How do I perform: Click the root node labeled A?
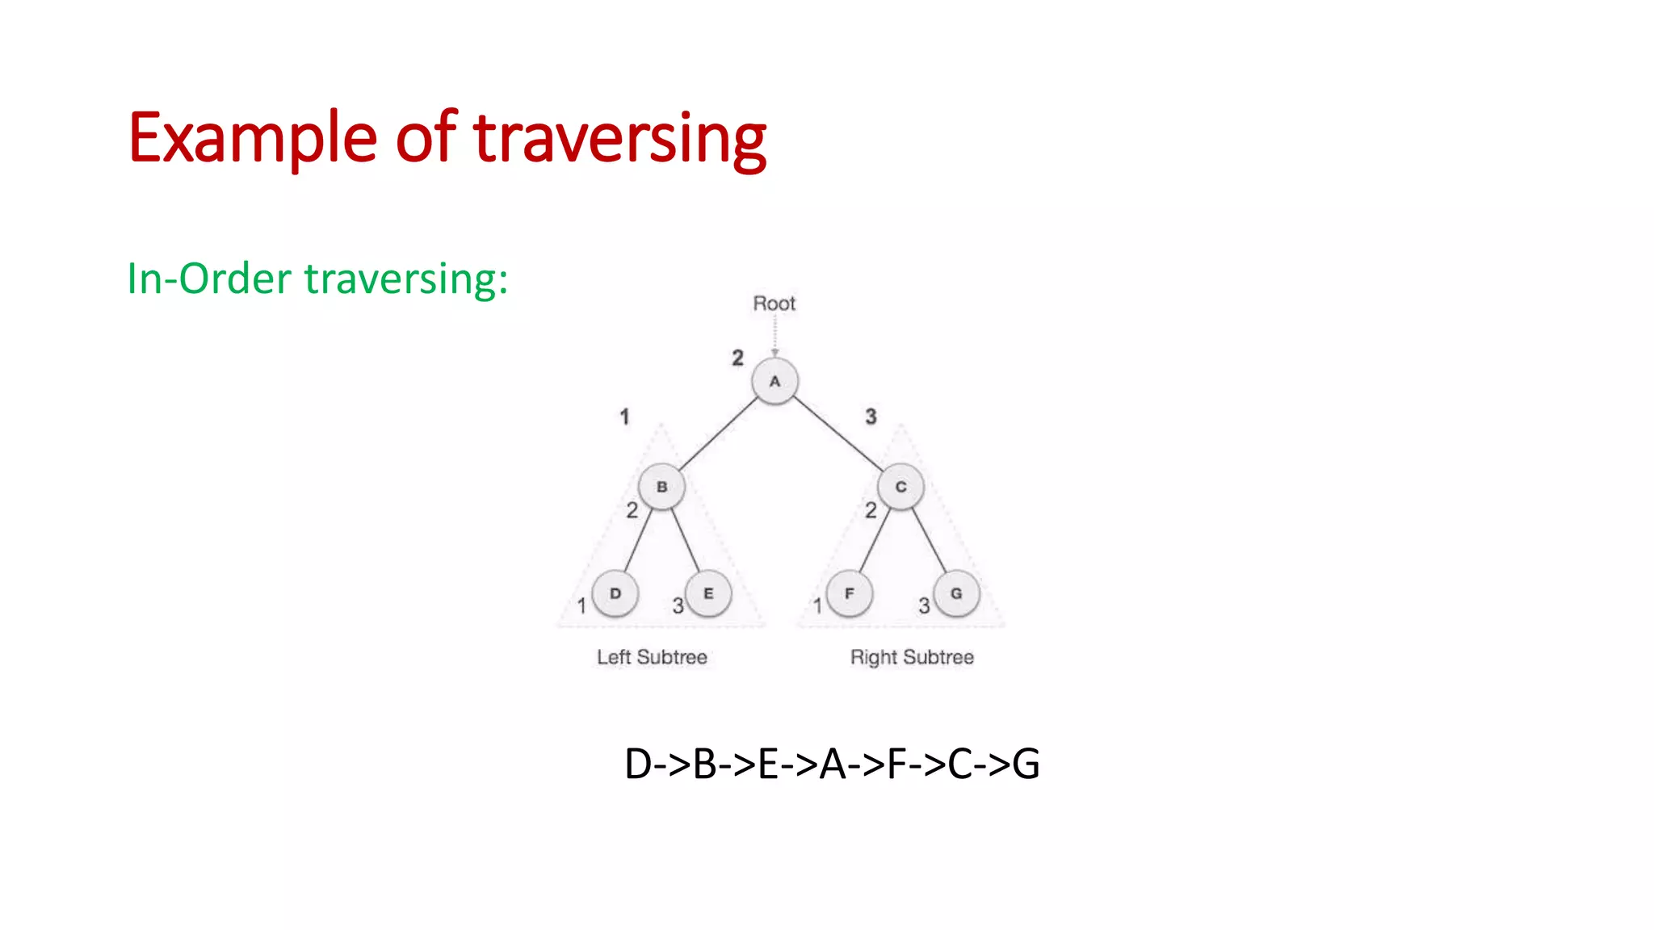coord(775,382)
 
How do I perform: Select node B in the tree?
coord(661,487)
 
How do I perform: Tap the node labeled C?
coord(900,487)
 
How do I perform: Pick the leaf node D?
coord(615,593)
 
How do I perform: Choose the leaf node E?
coord(708,593)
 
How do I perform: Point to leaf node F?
coord(849,593)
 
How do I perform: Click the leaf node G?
coord(956,593)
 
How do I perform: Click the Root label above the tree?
coord(774,304)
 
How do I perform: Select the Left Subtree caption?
coord(652,657)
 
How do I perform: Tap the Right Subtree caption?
coord(912,657)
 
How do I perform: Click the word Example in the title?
coord(252,139)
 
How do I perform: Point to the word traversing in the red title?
coord(619,139)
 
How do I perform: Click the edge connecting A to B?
coord(718,434)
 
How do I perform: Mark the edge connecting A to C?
coord(838,434)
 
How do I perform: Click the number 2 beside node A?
coord(737,358)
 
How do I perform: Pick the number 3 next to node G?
coord(924,605)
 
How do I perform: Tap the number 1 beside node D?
coord(581,605)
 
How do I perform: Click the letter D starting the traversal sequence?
coord(638,764)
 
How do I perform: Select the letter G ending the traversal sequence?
coord(1026,764)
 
